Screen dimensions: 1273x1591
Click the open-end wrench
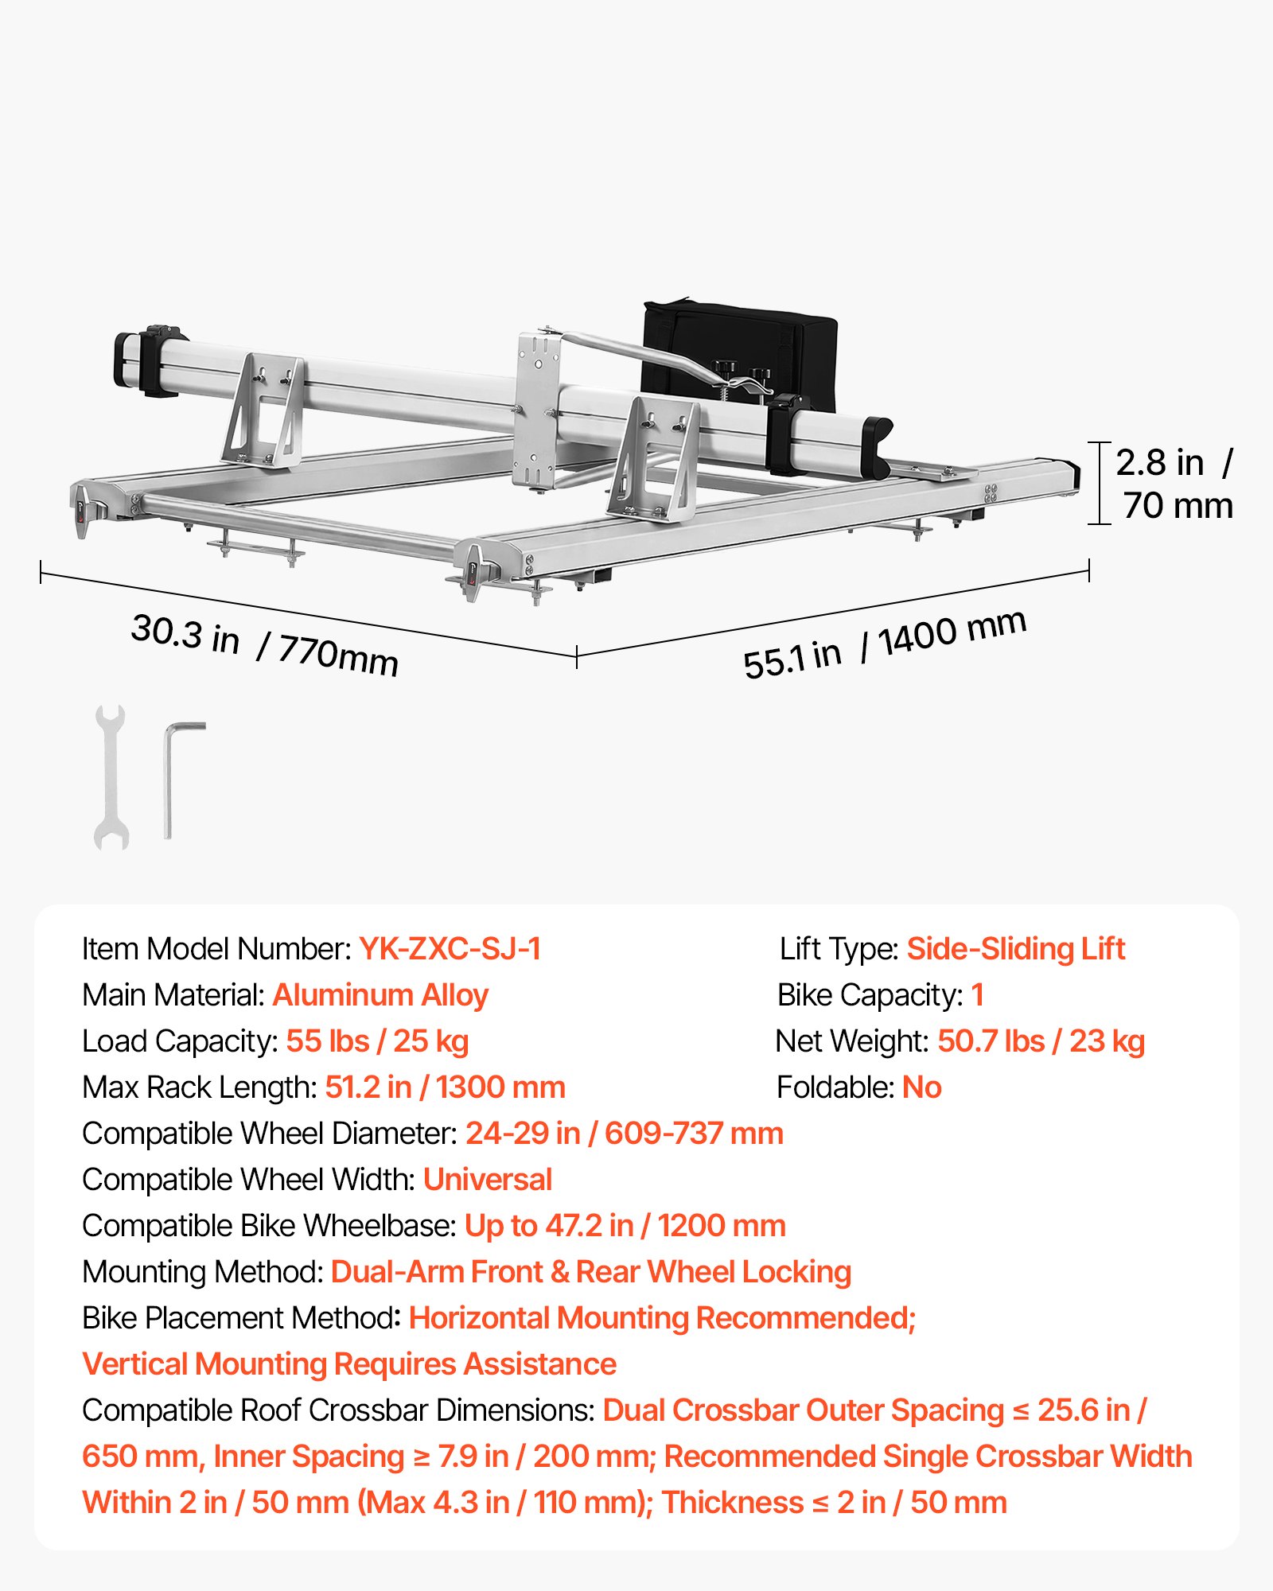111,777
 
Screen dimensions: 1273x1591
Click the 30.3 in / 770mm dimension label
264,645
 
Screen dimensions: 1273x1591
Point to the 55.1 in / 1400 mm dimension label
885,644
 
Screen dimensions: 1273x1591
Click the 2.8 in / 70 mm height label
1174,484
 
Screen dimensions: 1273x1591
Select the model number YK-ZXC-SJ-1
450,948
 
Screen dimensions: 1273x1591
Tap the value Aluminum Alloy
380,995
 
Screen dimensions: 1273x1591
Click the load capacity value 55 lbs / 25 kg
377,1041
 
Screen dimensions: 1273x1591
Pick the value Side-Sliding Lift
1016,949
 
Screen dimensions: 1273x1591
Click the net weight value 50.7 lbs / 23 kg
1041,1041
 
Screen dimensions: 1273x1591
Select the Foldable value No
922,1087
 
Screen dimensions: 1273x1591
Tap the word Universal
487,1180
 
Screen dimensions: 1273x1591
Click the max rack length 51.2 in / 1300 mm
445,1087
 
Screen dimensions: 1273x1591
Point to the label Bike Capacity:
870,995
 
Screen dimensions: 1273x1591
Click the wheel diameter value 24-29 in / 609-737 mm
625,1134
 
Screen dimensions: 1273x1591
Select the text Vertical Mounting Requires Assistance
349,1364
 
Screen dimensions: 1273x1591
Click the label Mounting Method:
203,1272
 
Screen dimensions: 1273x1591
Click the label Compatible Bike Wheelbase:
270,1226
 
